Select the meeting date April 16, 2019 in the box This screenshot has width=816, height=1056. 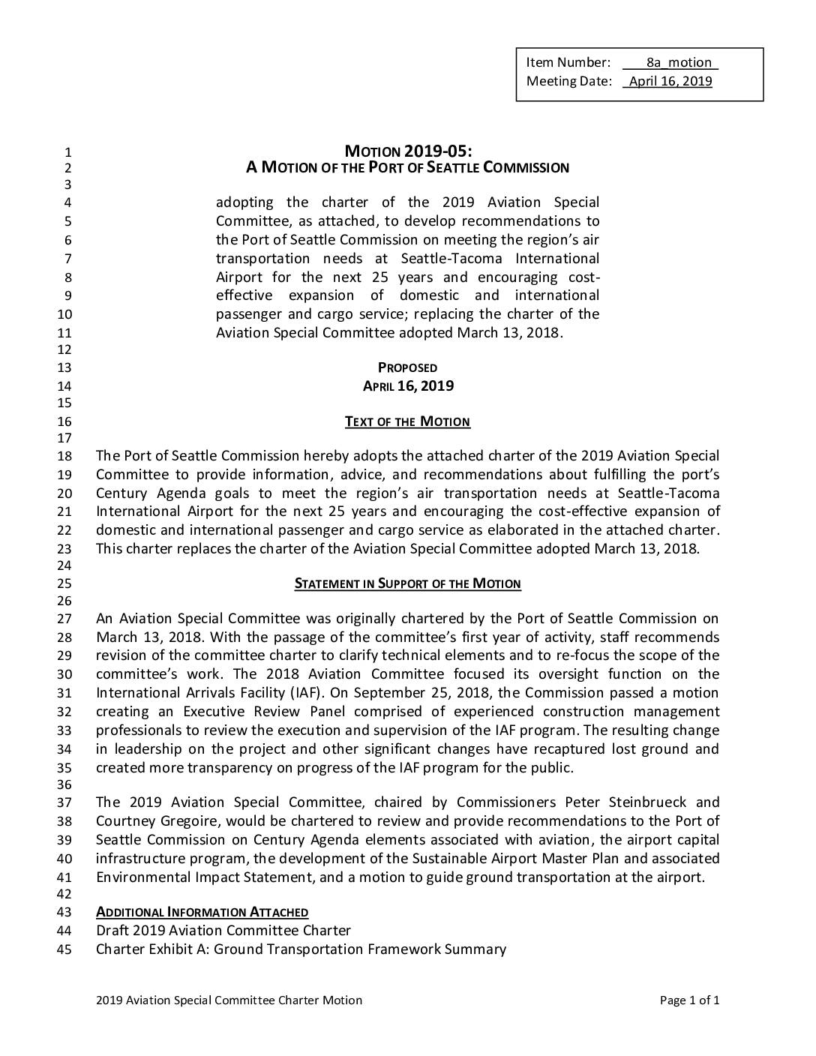tap(670, 81)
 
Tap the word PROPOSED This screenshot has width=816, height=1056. tap(407, 367)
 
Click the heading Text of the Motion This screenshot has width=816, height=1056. tap(407, 421)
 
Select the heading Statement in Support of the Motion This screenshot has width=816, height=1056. tap(407, 583)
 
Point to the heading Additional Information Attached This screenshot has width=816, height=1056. tap(202, 912)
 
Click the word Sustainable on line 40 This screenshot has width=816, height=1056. tap(448, 858)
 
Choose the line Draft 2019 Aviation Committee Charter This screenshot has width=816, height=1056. tap(223, 931)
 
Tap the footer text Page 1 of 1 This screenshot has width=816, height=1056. tap(689, 1000)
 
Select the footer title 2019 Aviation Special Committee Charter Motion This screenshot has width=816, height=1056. tap(229, 1000)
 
